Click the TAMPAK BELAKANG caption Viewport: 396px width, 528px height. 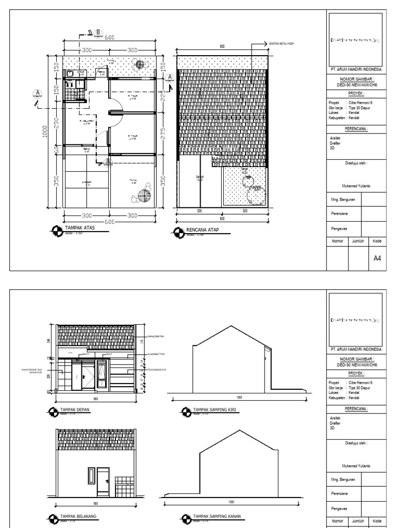[x=80, y=515]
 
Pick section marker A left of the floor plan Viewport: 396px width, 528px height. [x=37, y=93]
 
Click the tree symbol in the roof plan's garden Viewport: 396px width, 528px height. [x=253, y=193]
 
